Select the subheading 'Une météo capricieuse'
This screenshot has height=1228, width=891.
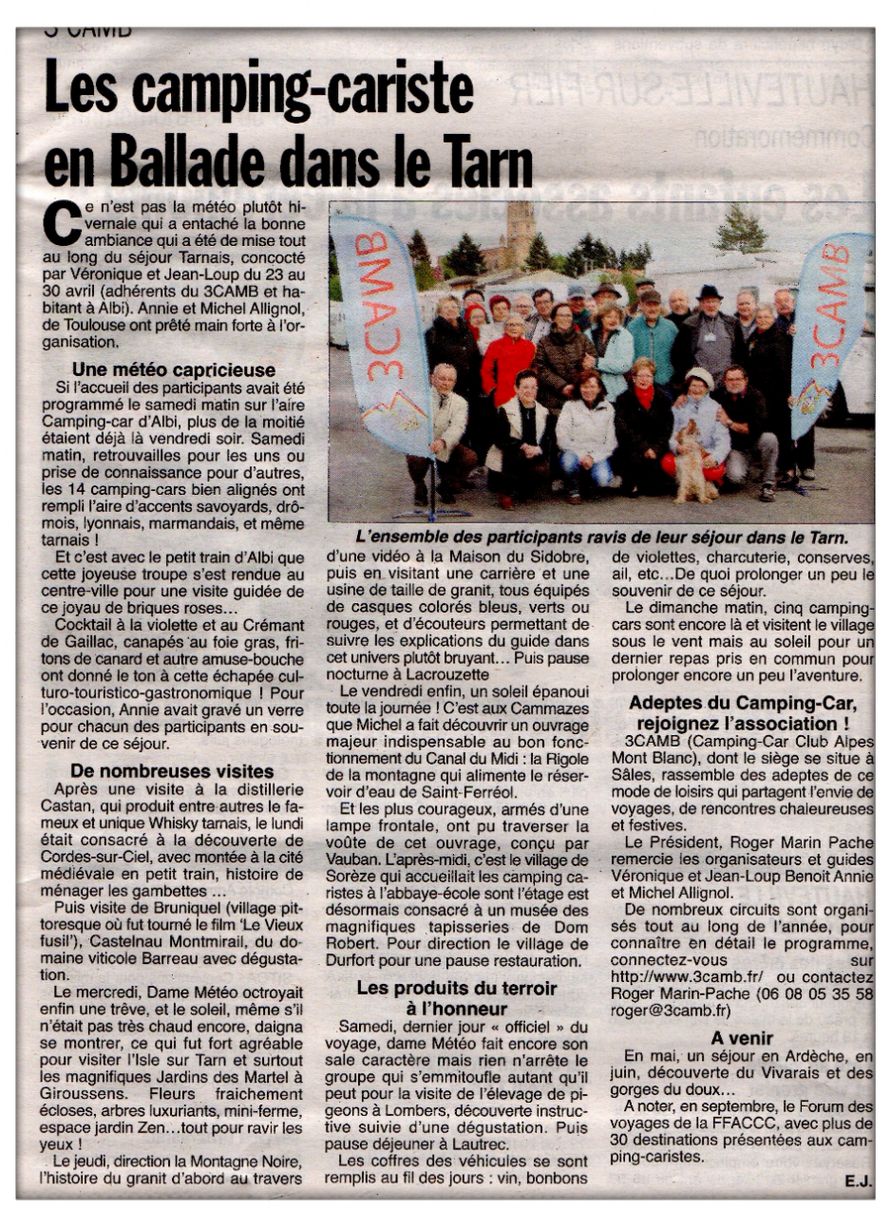point(174,370)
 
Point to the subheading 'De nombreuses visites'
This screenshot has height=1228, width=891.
point(172,771)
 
